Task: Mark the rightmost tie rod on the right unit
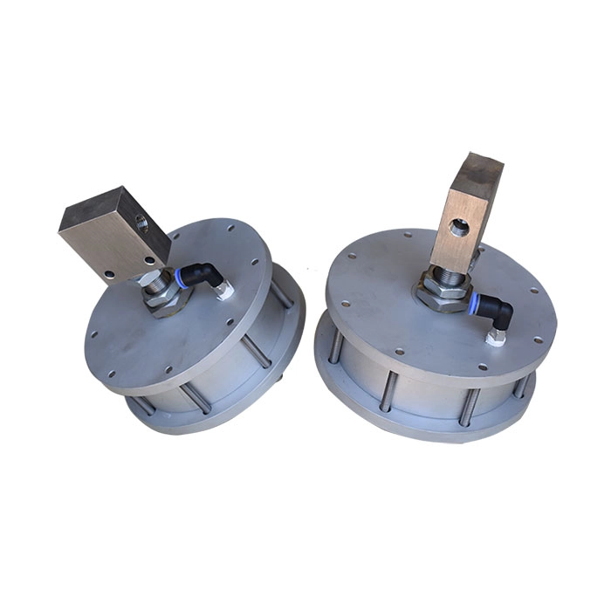(525, 382)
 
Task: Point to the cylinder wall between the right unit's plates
(428, 384)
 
